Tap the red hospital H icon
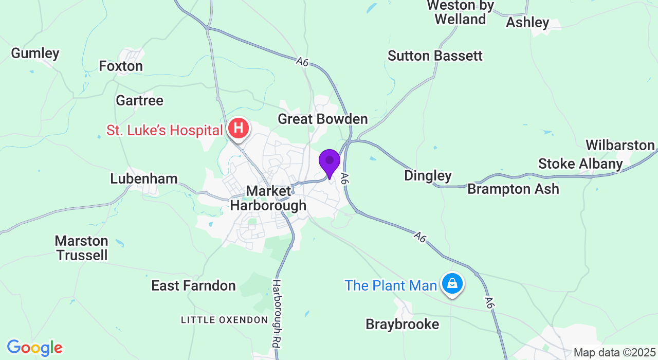click(x=239, y=129)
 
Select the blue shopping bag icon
click(x=452, y=283)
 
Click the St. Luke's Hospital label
click(x=164, y=131)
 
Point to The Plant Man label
click(x=391, y=285)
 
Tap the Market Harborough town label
click(x=268, y=199)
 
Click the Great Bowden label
click(x=322, y=119)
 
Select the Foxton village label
click(x=121, y=66)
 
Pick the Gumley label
click(x=35, y=53)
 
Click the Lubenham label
click(x=144, y=178)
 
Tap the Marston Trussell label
click(x=82, y=248)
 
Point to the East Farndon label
click(x=193, y=286)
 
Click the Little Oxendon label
click(x=224, y=320)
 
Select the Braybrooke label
click(x=403, y=325)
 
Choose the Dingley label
click(x=428, y=175)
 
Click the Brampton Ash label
click(x=513, y=189)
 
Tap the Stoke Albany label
click(x=580, y=164)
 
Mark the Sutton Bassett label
click(x=435, y=56)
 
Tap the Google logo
click(x=34, y=348)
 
